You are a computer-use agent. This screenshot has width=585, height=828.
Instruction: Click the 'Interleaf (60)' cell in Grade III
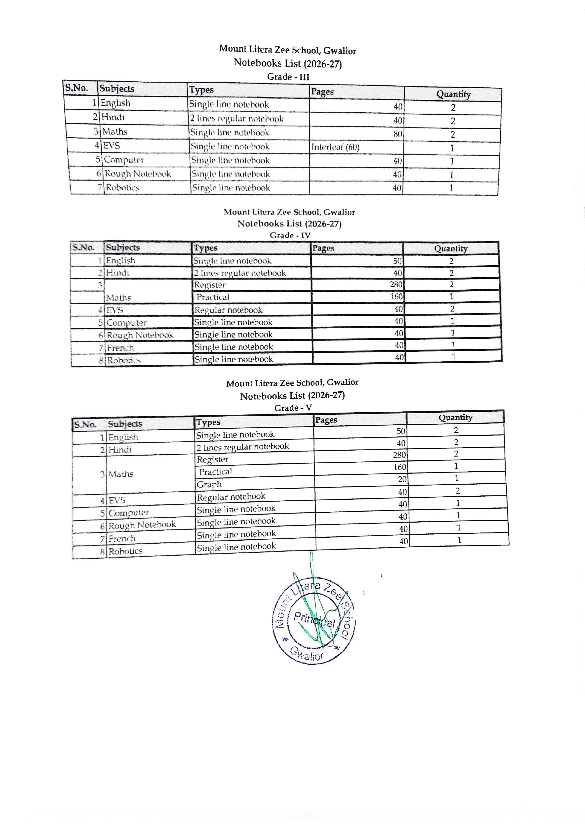[x=335, y=147]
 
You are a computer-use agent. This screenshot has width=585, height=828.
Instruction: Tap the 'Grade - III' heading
[x=288, y=77]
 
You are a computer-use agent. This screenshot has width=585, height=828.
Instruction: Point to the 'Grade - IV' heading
[x=290, y=235]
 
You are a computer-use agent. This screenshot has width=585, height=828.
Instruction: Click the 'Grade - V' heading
[x=293, y=408]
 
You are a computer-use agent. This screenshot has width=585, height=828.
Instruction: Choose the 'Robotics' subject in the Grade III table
[x=122, y=187]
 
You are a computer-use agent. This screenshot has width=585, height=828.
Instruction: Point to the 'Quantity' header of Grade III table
[x=453, y=94]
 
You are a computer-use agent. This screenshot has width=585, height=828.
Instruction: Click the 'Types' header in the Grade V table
[x=208, y=422]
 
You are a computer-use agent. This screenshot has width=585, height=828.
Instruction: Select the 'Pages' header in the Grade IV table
[x=323, y=248]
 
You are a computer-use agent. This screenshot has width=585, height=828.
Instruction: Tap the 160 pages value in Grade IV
[x=396, y=296]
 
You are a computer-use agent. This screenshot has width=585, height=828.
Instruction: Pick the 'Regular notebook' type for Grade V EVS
[x=231, y=497]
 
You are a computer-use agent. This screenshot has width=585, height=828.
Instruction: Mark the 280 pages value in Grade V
[x=399, y=455]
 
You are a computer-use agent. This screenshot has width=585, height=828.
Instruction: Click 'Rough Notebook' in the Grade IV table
[x=140, y=335]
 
